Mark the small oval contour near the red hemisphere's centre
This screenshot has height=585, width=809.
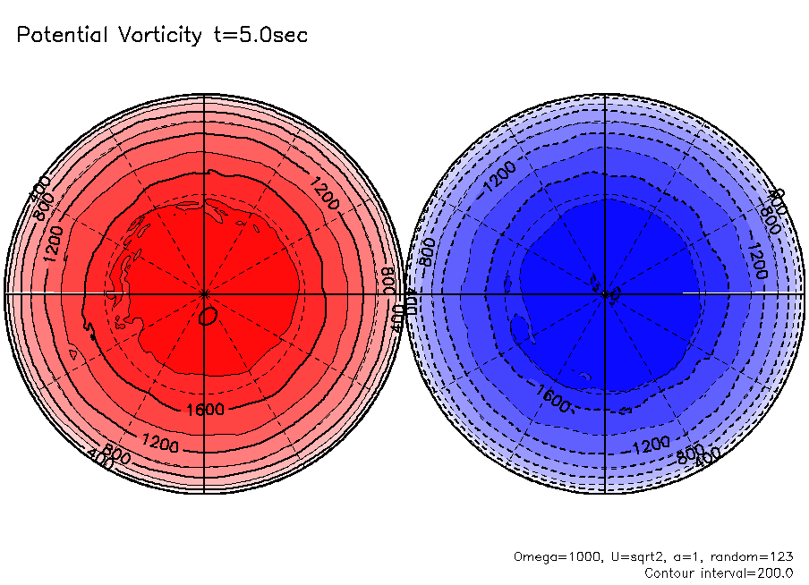(209, 316)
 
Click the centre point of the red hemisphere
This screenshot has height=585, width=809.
(205, 293)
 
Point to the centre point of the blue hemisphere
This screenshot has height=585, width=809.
(607, 293)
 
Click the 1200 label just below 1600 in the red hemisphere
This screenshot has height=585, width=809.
(159, 441)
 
